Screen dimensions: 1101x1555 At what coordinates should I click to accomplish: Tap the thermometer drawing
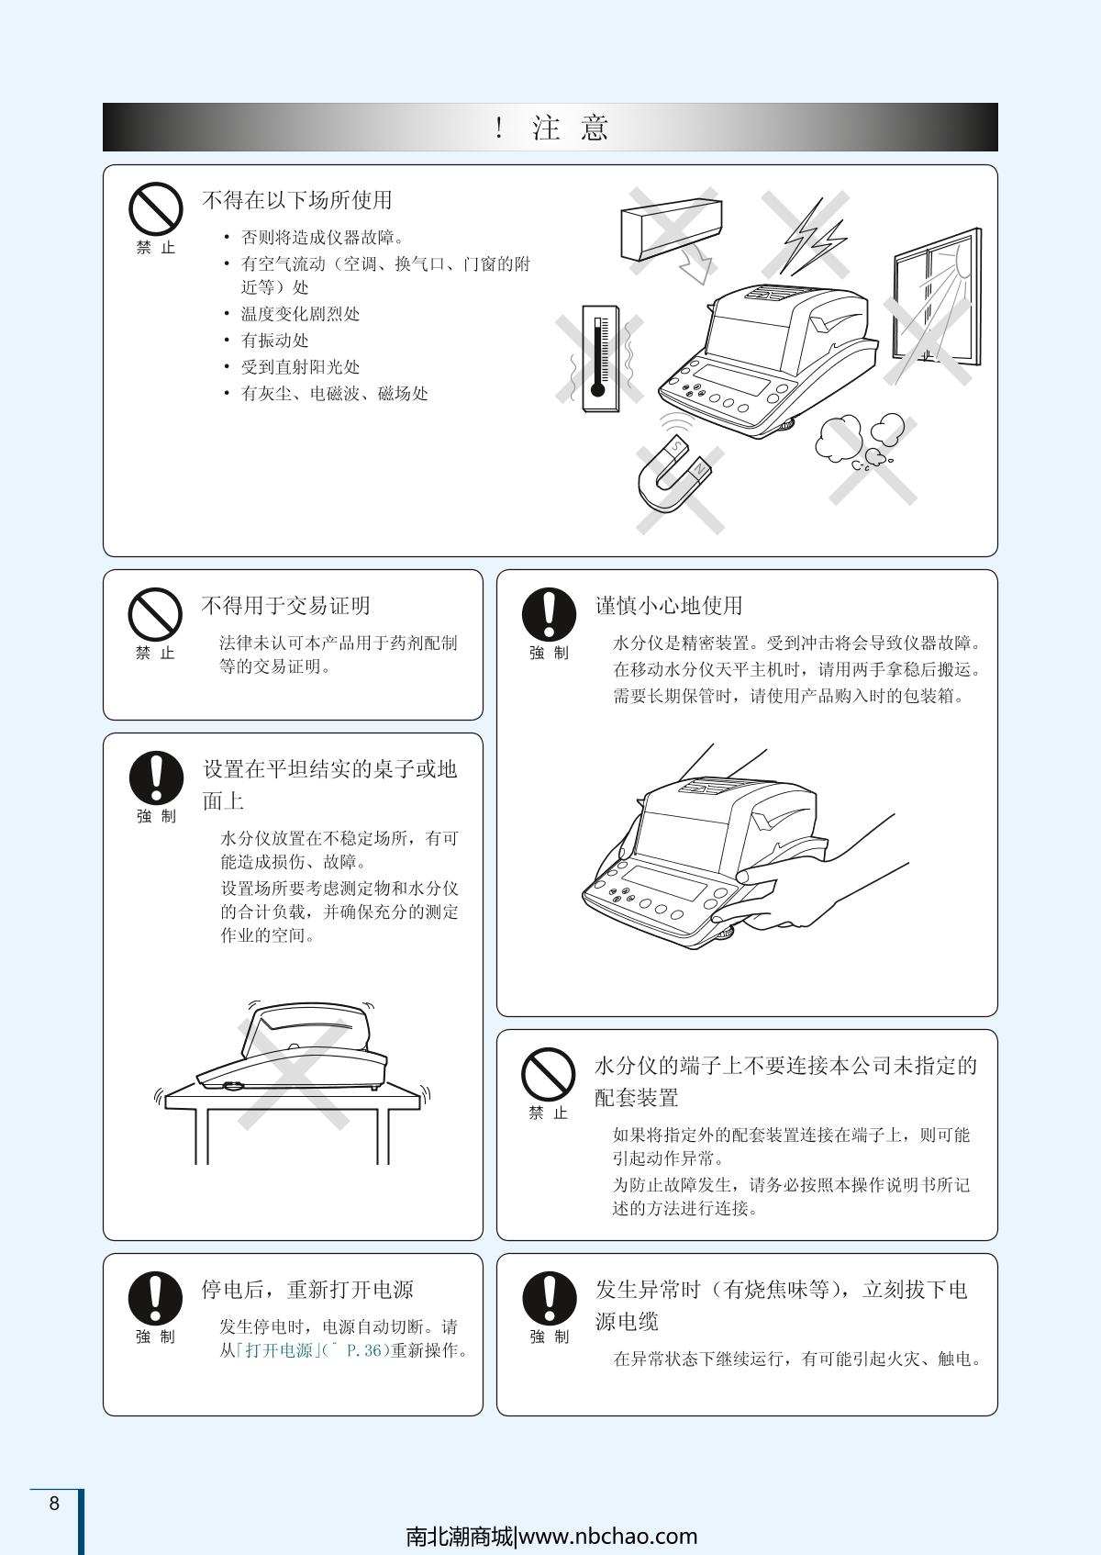(600, 358)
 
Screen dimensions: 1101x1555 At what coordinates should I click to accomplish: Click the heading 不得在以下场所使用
(297, 200)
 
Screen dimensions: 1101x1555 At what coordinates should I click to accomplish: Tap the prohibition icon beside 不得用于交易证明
(155, 614)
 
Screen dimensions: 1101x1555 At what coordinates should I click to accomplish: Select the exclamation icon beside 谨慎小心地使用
(549, 614)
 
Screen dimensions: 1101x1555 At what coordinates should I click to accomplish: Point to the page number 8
(54, 1503)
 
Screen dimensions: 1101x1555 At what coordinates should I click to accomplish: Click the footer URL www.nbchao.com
(608, 1536)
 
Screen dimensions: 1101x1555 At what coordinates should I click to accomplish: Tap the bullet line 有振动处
(274, 341)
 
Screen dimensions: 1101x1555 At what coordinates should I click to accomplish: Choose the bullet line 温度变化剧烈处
(300, 314)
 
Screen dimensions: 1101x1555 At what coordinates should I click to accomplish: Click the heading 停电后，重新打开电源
(307, 1289)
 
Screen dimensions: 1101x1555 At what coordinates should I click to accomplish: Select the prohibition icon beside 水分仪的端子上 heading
(548, 1075)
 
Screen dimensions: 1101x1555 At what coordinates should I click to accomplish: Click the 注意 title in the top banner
(571, 128)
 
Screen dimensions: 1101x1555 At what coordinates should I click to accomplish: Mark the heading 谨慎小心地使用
(669, 605)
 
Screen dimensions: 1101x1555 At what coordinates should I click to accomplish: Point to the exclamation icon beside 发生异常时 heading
(549, 1298)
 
